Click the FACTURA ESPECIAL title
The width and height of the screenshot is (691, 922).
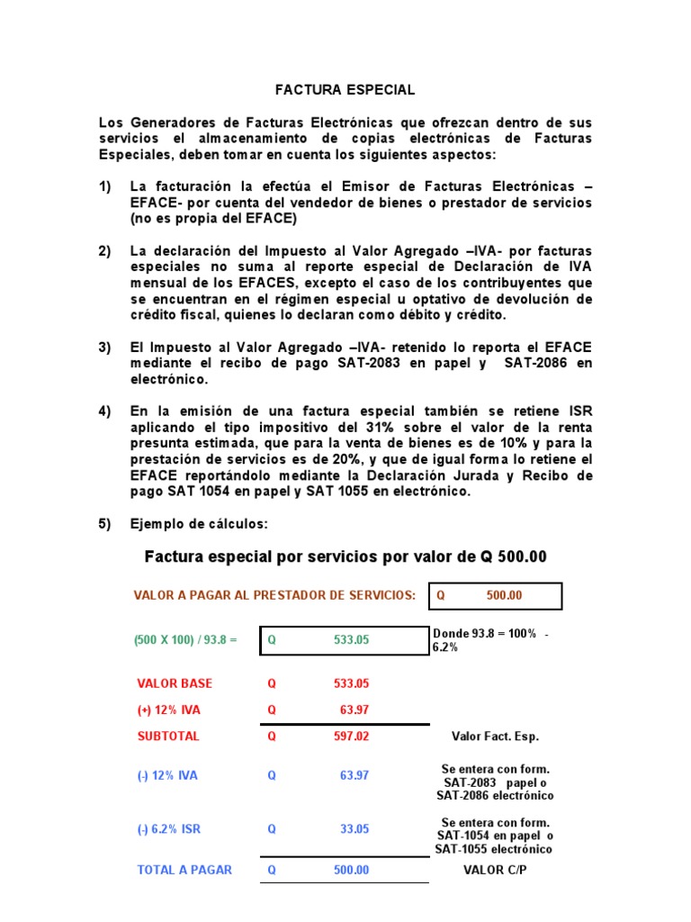345,90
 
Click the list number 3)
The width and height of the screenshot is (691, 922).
105,348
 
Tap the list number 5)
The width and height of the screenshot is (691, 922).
105,524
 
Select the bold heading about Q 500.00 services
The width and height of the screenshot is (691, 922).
345,557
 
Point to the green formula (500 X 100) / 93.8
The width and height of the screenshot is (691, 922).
185,640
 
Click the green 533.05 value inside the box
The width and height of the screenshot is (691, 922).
351,640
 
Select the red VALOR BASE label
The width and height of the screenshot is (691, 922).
175,683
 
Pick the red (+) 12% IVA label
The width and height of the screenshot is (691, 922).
168,710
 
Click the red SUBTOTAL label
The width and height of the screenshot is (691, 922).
168,736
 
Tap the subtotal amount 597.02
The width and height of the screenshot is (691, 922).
351,736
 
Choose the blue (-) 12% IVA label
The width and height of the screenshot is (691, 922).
168,776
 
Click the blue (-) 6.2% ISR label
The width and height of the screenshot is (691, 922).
168,829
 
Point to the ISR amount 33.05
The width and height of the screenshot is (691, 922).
354,829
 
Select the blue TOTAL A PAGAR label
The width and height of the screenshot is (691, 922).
184,870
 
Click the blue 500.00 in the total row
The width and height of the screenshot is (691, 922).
351,870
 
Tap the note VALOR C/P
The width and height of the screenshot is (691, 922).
495,870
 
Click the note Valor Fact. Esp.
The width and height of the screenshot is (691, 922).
495,737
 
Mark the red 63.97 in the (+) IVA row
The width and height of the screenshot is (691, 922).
354,710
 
